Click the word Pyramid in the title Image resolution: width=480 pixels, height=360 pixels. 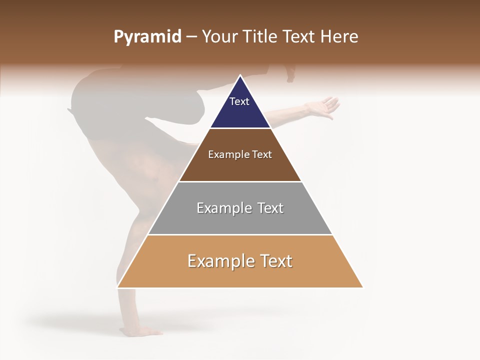147,37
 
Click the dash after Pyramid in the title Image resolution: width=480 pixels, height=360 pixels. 191,37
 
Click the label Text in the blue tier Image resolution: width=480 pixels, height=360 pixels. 239,101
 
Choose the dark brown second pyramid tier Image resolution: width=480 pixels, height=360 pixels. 240,167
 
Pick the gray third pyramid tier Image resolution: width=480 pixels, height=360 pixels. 240,220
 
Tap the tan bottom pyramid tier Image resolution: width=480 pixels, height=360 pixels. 240,275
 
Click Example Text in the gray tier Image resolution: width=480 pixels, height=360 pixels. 240,208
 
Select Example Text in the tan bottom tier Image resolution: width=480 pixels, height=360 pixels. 240,261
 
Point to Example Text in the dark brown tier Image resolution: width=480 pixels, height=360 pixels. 240,154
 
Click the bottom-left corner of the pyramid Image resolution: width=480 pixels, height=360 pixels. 118,287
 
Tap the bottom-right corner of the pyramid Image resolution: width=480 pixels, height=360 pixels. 362,287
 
